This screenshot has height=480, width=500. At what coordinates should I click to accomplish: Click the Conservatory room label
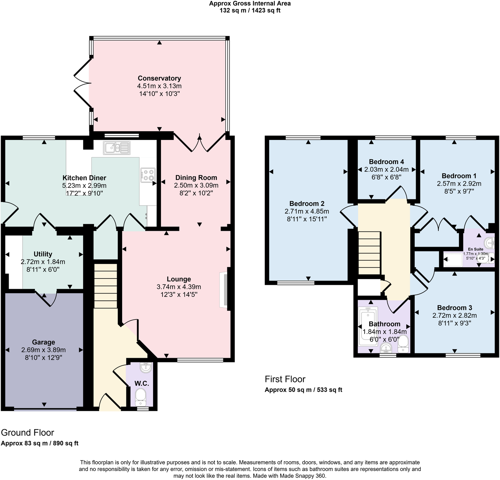159,78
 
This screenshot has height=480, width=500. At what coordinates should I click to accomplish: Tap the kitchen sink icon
116,147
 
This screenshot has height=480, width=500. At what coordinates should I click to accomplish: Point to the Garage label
44,342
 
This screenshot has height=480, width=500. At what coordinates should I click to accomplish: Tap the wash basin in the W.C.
146,368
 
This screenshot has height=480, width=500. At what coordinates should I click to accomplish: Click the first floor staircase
369,253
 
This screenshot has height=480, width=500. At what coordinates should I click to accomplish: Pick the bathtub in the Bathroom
367,327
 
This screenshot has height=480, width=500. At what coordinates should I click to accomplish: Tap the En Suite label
476,249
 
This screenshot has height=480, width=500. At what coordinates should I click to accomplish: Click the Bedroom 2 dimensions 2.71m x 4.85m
307,211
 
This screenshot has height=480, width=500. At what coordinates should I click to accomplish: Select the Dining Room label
196,177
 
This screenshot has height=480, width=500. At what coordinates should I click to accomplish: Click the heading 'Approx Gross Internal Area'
250,4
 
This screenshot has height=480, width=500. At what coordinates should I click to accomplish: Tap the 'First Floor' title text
285,379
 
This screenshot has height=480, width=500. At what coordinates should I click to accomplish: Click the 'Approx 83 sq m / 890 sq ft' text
40,443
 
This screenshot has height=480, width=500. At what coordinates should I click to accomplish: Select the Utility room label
43,254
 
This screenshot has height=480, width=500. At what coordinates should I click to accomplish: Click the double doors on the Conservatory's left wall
82,83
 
